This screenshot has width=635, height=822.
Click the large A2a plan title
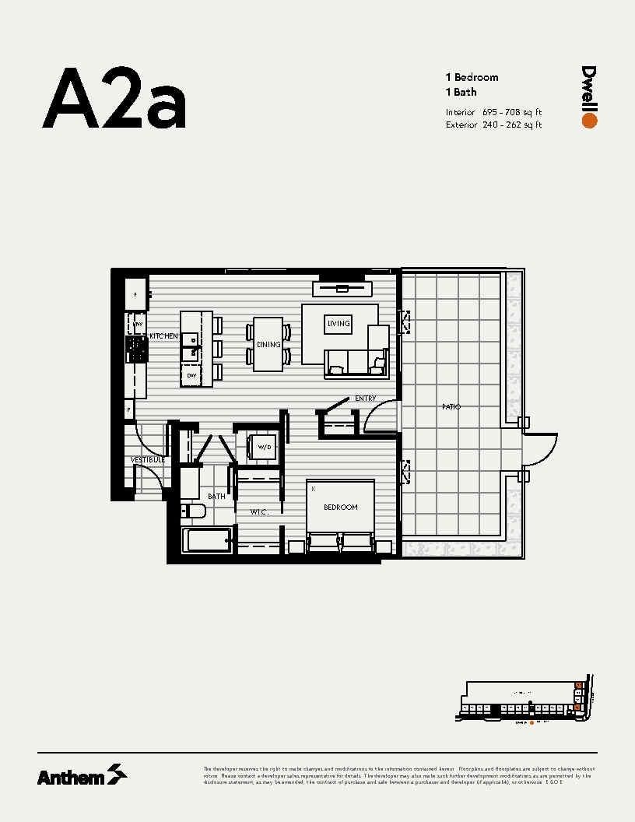click(x=114, y=99)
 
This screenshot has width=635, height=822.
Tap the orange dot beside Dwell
click(x=589, y=121)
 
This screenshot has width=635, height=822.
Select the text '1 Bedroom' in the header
click(x=472, y=77)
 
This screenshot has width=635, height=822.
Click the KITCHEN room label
click(x=164, y=336)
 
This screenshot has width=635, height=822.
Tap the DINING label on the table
click(x=268, y=345)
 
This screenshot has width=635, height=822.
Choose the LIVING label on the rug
click(x=339, y=323)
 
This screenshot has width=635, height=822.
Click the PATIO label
click(x=451, y=406)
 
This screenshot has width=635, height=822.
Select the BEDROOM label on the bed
click(x=341, y=508)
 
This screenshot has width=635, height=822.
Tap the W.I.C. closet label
click(x=259, y=512)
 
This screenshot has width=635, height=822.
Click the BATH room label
click(x=216, y=496)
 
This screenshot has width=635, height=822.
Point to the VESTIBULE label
click(x=148, y=460)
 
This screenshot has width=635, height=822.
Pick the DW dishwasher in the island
click(x=191, y=376)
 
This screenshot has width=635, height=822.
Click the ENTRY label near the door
click(x=365, y=399)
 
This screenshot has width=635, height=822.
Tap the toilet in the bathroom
click(x=191, y=511)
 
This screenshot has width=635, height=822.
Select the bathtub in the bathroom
click(x=205, y=540)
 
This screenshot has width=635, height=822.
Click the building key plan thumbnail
click(x=525, y=702)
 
